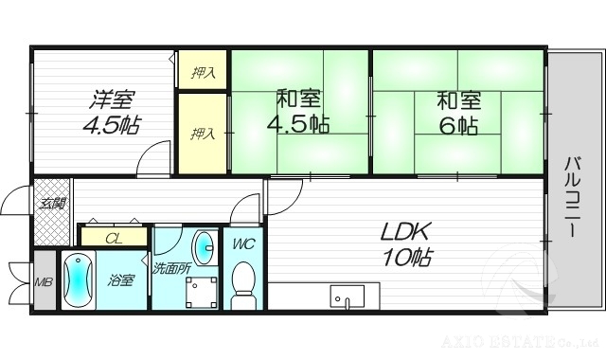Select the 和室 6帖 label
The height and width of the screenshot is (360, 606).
coord(457,112)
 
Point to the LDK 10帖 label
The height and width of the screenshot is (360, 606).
coord(406,243)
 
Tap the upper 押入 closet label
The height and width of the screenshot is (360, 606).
coord(203,72)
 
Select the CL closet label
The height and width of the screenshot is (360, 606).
coord(113,238)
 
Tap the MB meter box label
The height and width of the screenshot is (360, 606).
coord(44,281)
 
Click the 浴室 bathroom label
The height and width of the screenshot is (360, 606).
coord(121,281)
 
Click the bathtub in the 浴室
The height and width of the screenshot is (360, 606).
coord(77,280)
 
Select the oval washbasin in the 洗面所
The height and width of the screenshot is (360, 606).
coord(204,246)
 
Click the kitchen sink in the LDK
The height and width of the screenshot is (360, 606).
coord(347,297)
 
